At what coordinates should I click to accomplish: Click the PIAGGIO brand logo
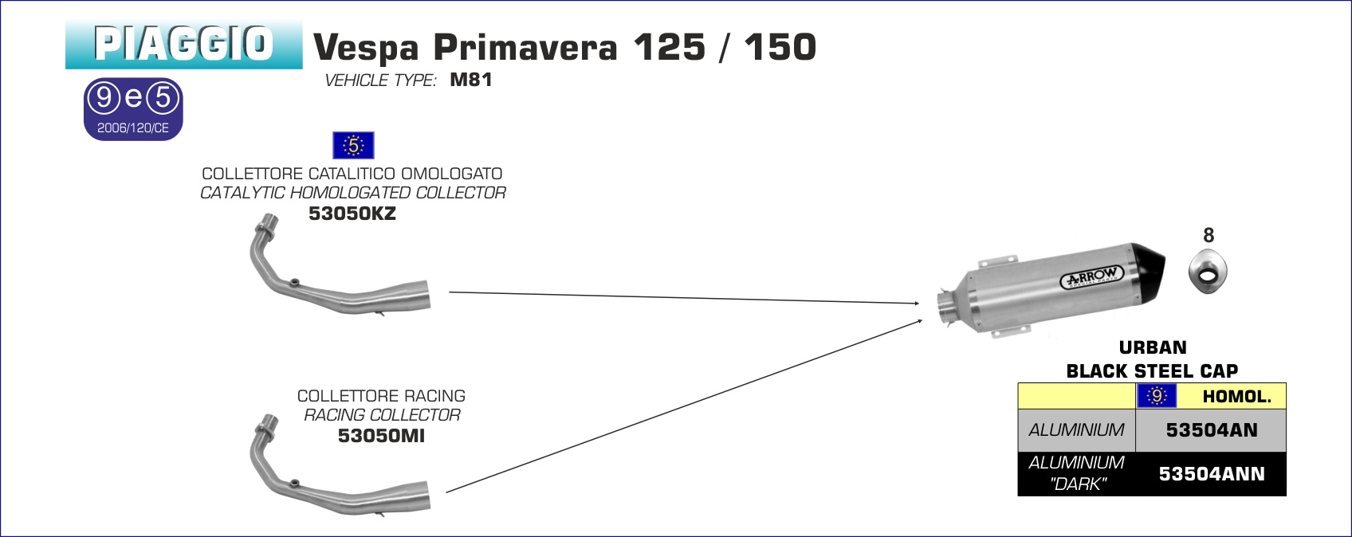[183, 45]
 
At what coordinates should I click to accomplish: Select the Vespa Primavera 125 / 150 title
[564, 48]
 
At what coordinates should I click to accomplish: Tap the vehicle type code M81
[471, 80]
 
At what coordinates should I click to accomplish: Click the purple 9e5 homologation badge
[133, 109]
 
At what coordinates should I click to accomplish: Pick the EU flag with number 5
[353, 146]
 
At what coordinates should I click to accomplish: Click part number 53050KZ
[352, 214]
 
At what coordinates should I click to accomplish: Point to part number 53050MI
[381, 436]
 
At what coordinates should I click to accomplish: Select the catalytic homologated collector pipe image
[335, 271]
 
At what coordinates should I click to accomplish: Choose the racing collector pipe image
[335, 470]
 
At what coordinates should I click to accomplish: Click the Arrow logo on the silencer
[1092, 276]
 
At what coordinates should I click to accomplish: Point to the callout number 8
[1209, 236]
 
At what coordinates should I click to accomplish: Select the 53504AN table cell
[1211, 430]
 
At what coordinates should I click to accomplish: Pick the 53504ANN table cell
[1211, 474]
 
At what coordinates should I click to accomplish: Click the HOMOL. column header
[1236, 396]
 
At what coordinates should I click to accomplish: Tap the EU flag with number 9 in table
[1157, 396]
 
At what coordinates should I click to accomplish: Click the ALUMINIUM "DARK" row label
[1076, 473]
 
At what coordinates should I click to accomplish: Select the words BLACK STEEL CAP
[1152, 371]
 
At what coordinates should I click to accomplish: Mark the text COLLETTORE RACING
[381, 396]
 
